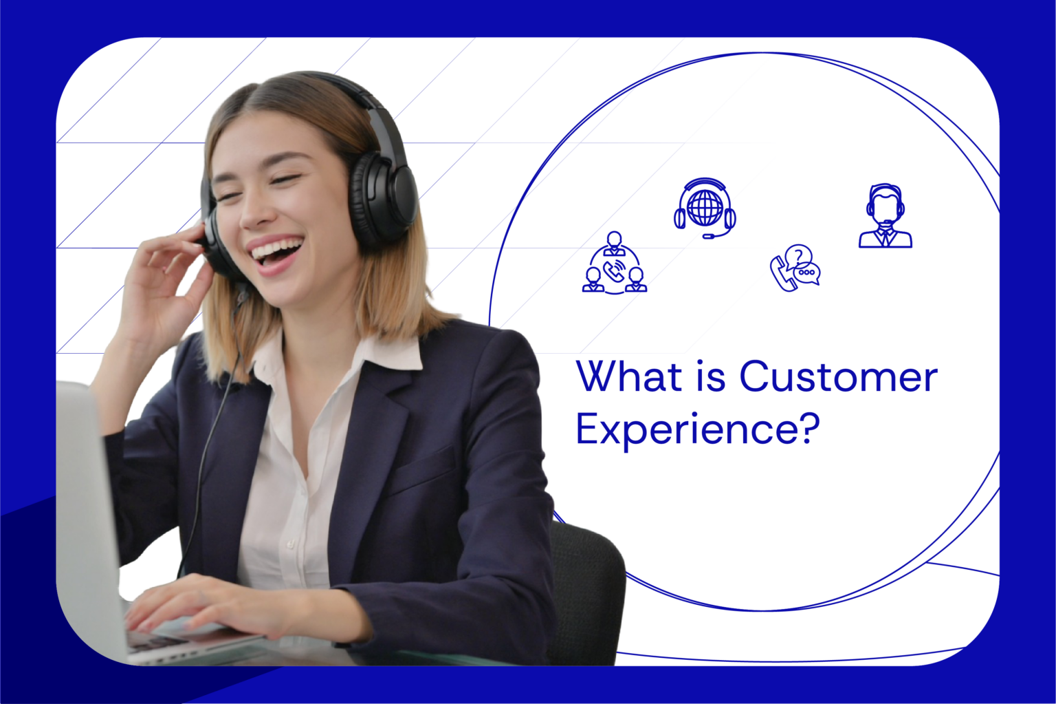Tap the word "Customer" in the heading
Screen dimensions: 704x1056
pos(838,377)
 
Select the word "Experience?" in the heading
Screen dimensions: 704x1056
pos(698,429)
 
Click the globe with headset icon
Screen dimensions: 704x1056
pos(705,209)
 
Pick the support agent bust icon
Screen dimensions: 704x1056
pos(885,216)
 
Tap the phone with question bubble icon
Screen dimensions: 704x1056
pos(795,268)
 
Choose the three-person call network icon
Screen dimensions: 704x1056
pos(615,264)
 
